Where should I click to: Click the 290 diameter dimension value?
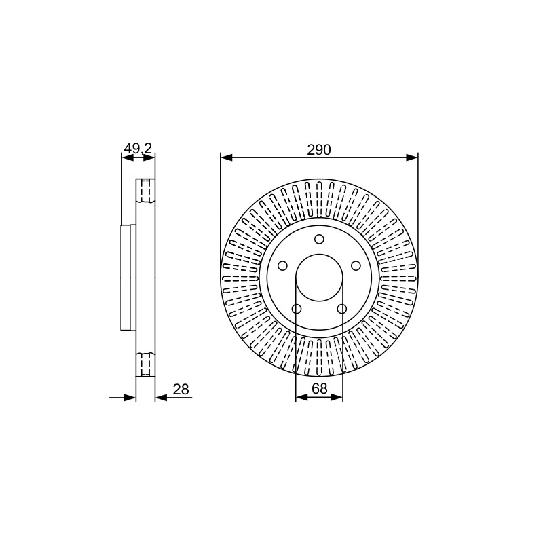tap(319, 149)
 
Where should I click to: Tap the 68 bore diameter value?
tap(319, 388)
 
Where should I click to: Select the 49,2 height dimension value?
tap(138, 149)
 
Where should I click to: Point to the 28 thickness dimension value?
tap(181, 389)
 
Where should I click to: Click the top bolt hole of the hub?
tap(319, 240)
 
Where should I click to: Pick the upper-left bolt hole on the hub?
tap(282, 266)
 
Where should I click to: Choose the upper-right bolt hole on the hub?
tap(356, 266)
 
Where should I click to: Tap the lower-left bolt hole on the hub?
tap(297, 309)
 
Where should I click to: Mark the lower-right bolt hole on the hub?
tap(342, 309)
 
